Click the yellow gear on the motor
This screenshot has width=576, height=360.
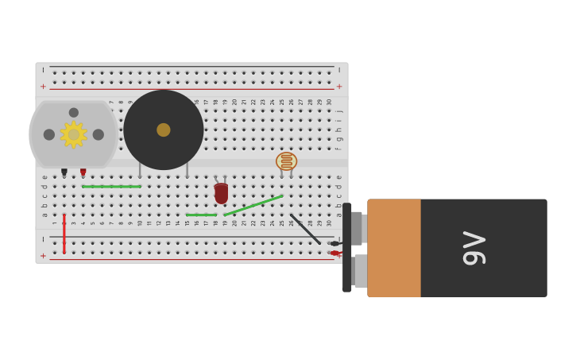click(73, 134)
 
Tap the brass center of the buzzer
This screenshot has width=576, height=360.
click(163, 130)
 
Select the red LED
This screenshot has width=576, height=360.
click(221, 192)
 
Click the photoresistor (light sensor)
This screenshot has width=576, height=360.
click(286, 161)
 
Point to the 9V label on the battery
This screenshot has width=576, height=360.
click(474, 248)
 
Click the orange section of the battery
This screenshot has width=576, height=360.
click(394, 248)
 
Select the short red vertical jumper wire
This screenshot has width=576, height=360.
click(64, 234)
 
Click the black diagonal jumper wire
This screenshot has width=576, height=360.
click(305, 229)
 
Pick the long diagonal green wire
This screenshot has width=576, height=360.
click(253, 205)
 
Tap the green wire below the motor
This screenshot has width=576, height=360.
click(111, 187)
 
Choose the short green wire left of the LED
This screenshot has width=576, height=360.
click(201, 215)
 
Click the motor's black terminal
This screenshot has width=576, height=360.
click(64, 172)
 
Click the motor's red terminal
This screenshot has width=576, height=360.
click(83, 172)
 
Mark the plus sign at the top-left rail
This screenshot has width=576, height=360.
click(43, 87)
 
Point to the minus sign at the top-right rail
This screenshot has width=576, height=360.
click(339, 70)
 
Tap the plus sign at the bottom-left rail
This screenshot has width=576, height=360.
click(43, 256)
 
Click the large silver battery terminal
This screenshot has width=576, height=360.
click(361, 271)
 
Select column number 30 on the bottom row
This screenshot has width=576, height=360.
click(329, 223)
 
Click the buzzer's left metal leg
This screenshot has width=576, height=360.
click(140, 169)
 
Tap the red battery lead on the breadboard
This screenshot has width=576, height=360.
click(335, 254)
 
